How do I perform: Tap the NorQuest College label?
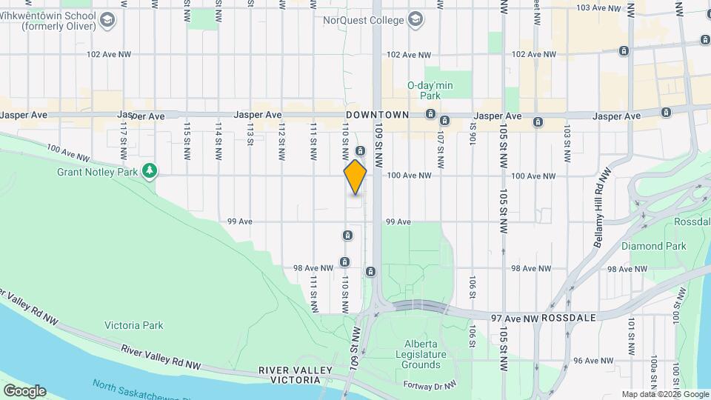[x=363, y=19]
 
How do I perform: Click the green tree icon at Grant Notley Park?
[x=150, y=172]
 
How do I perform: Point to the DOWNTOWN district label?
[x=378, y=116]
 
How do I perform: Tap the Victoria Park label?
[x=133, y=325]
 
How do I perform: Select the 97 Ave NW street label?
[x=515, y=317]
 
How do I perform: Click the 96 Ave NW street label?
[x=595, y=361]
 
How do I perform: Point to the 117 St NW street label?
[x=124, y=138]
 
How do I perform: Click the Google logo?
[x=24, y=391]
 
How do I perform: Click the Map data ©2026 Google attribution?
[x=665, y=395]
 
